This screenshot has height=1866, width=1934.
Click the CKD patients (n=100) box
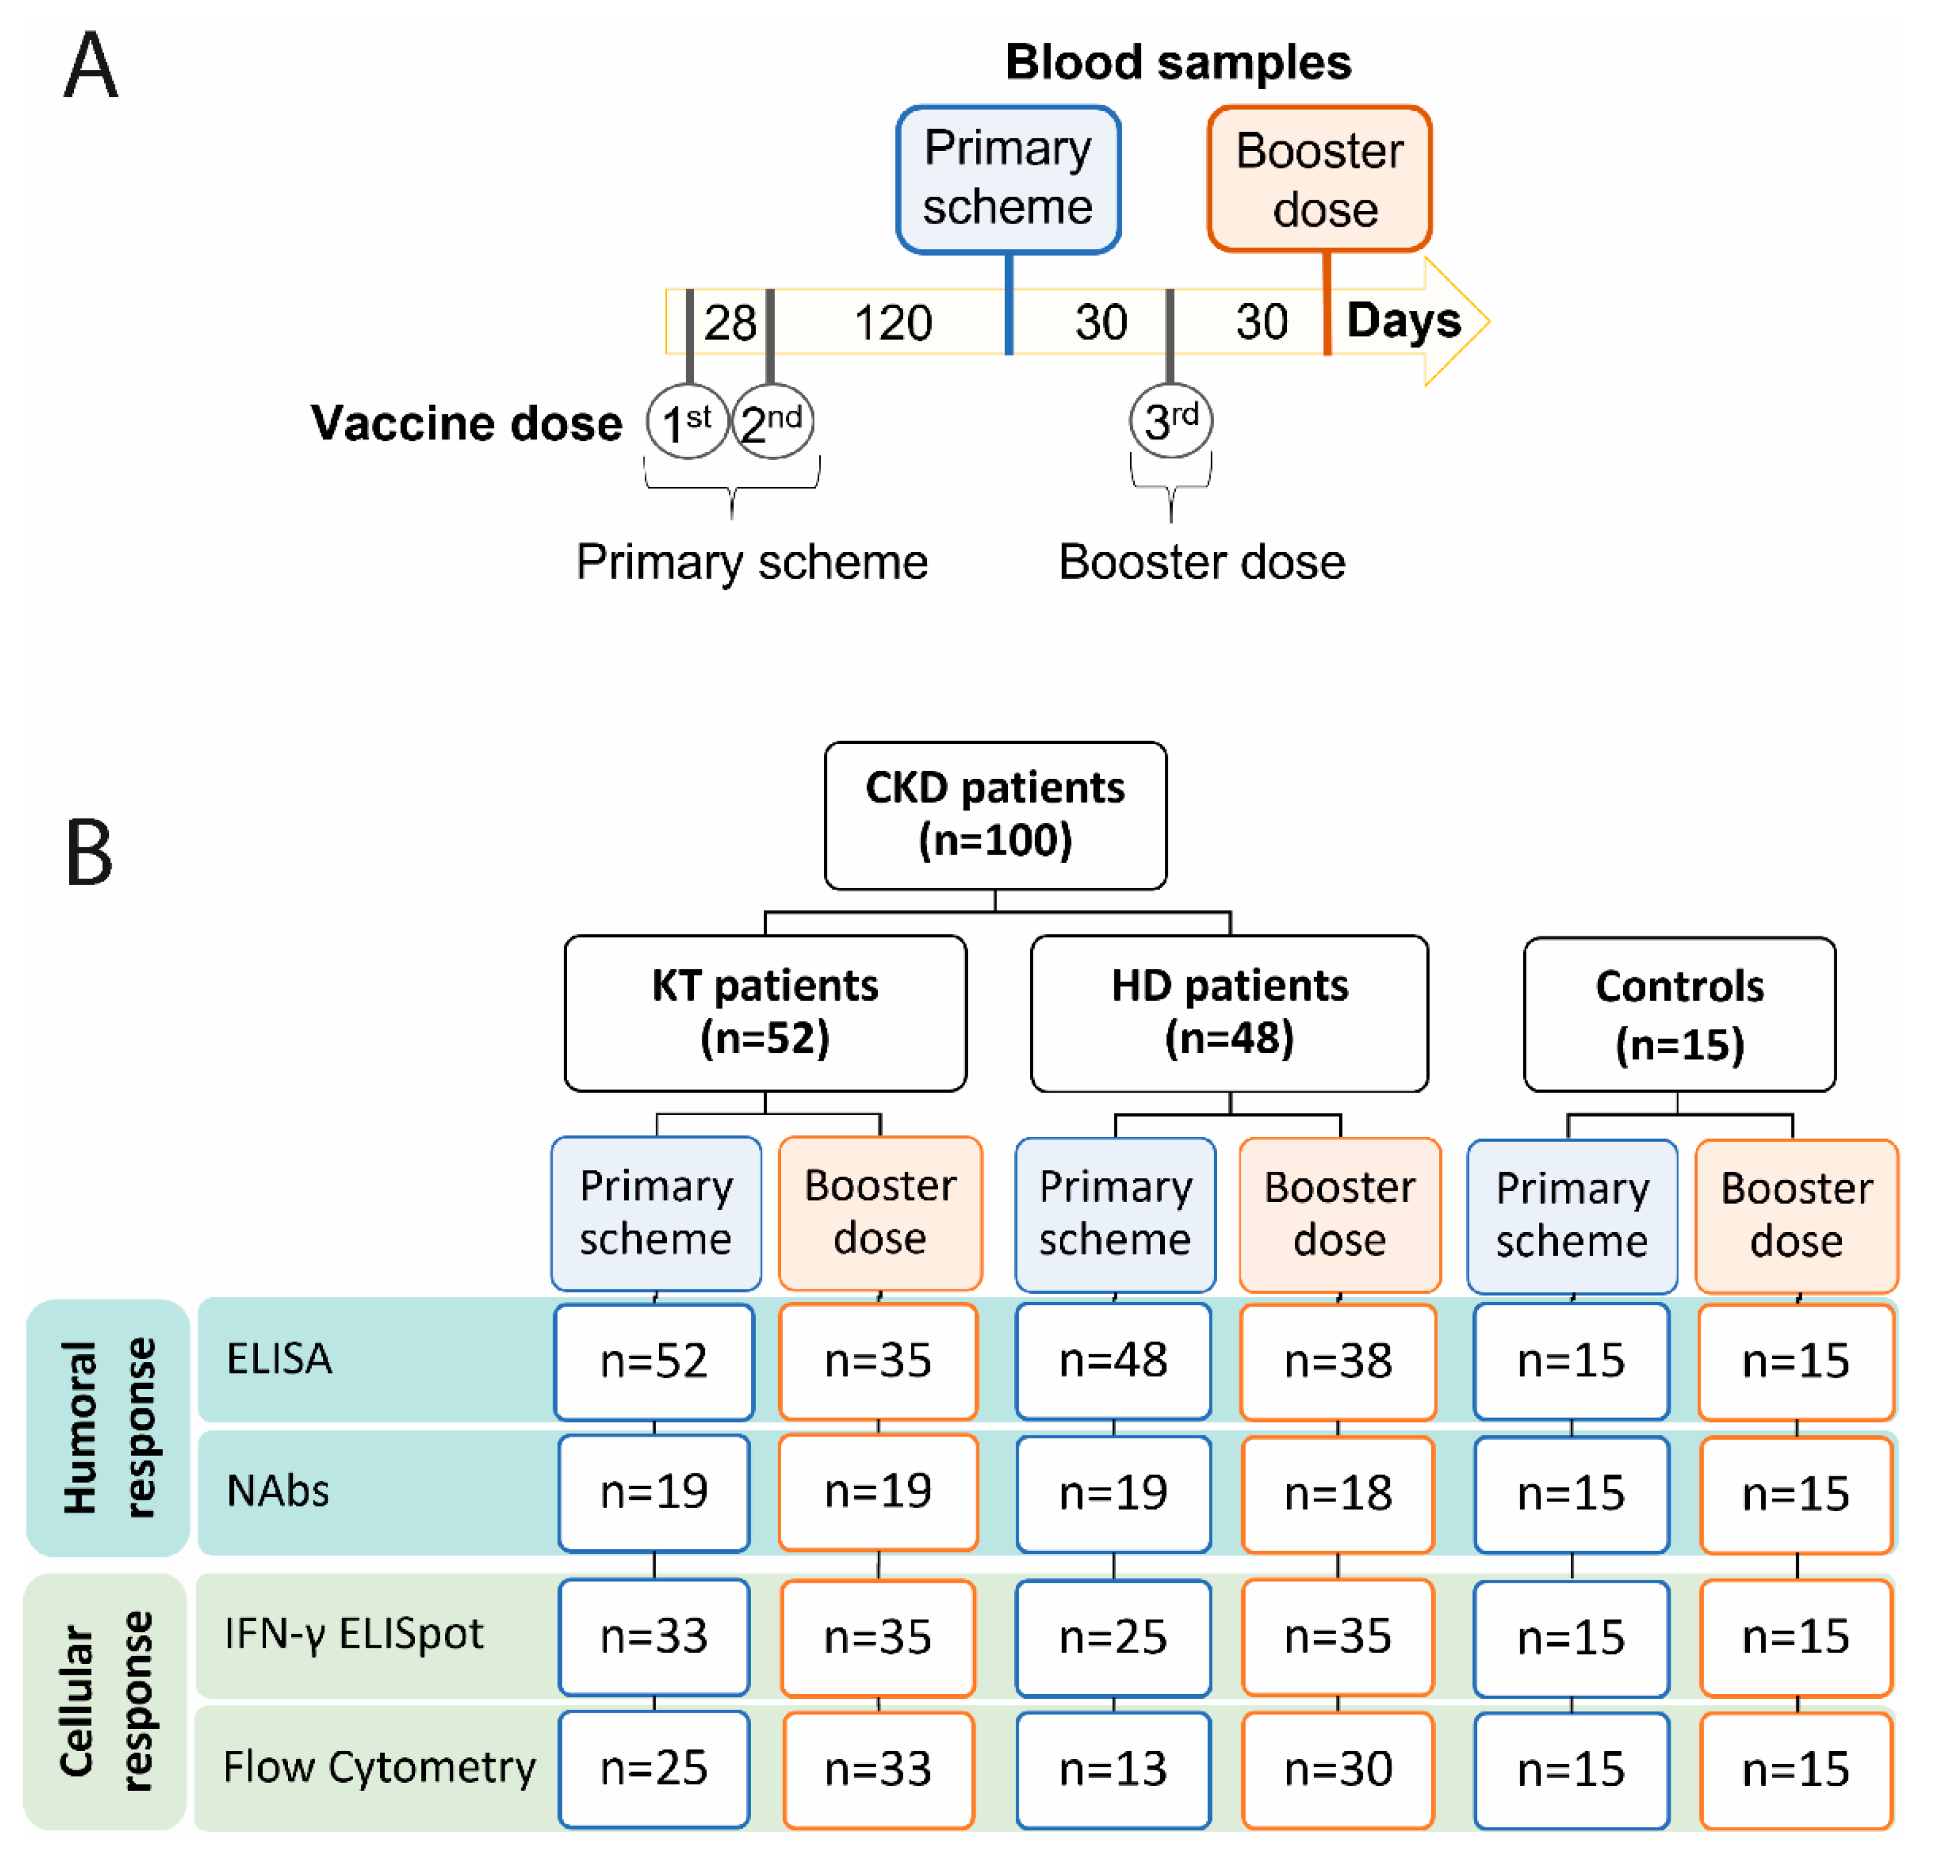coord(995,815)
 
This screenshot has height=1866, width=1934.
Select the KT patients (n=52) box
coord(765,1013)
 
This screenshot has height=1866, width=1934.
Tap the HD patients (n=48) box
coord(1229,1013)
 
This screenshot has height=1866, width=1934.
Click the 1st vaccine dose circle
coord(687,422)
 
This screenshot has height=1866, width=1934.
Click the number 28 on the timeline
coord(729,323)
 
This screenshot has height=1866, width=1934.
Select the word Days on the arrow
coord(1402,321)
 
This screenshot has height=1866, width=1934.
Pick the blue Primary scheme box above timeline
coord(1007,179)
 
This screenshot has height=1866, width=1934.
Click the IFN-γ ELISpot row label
coord(353,1633)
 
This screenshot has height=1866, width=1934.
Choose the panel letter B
coord(89,853)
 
